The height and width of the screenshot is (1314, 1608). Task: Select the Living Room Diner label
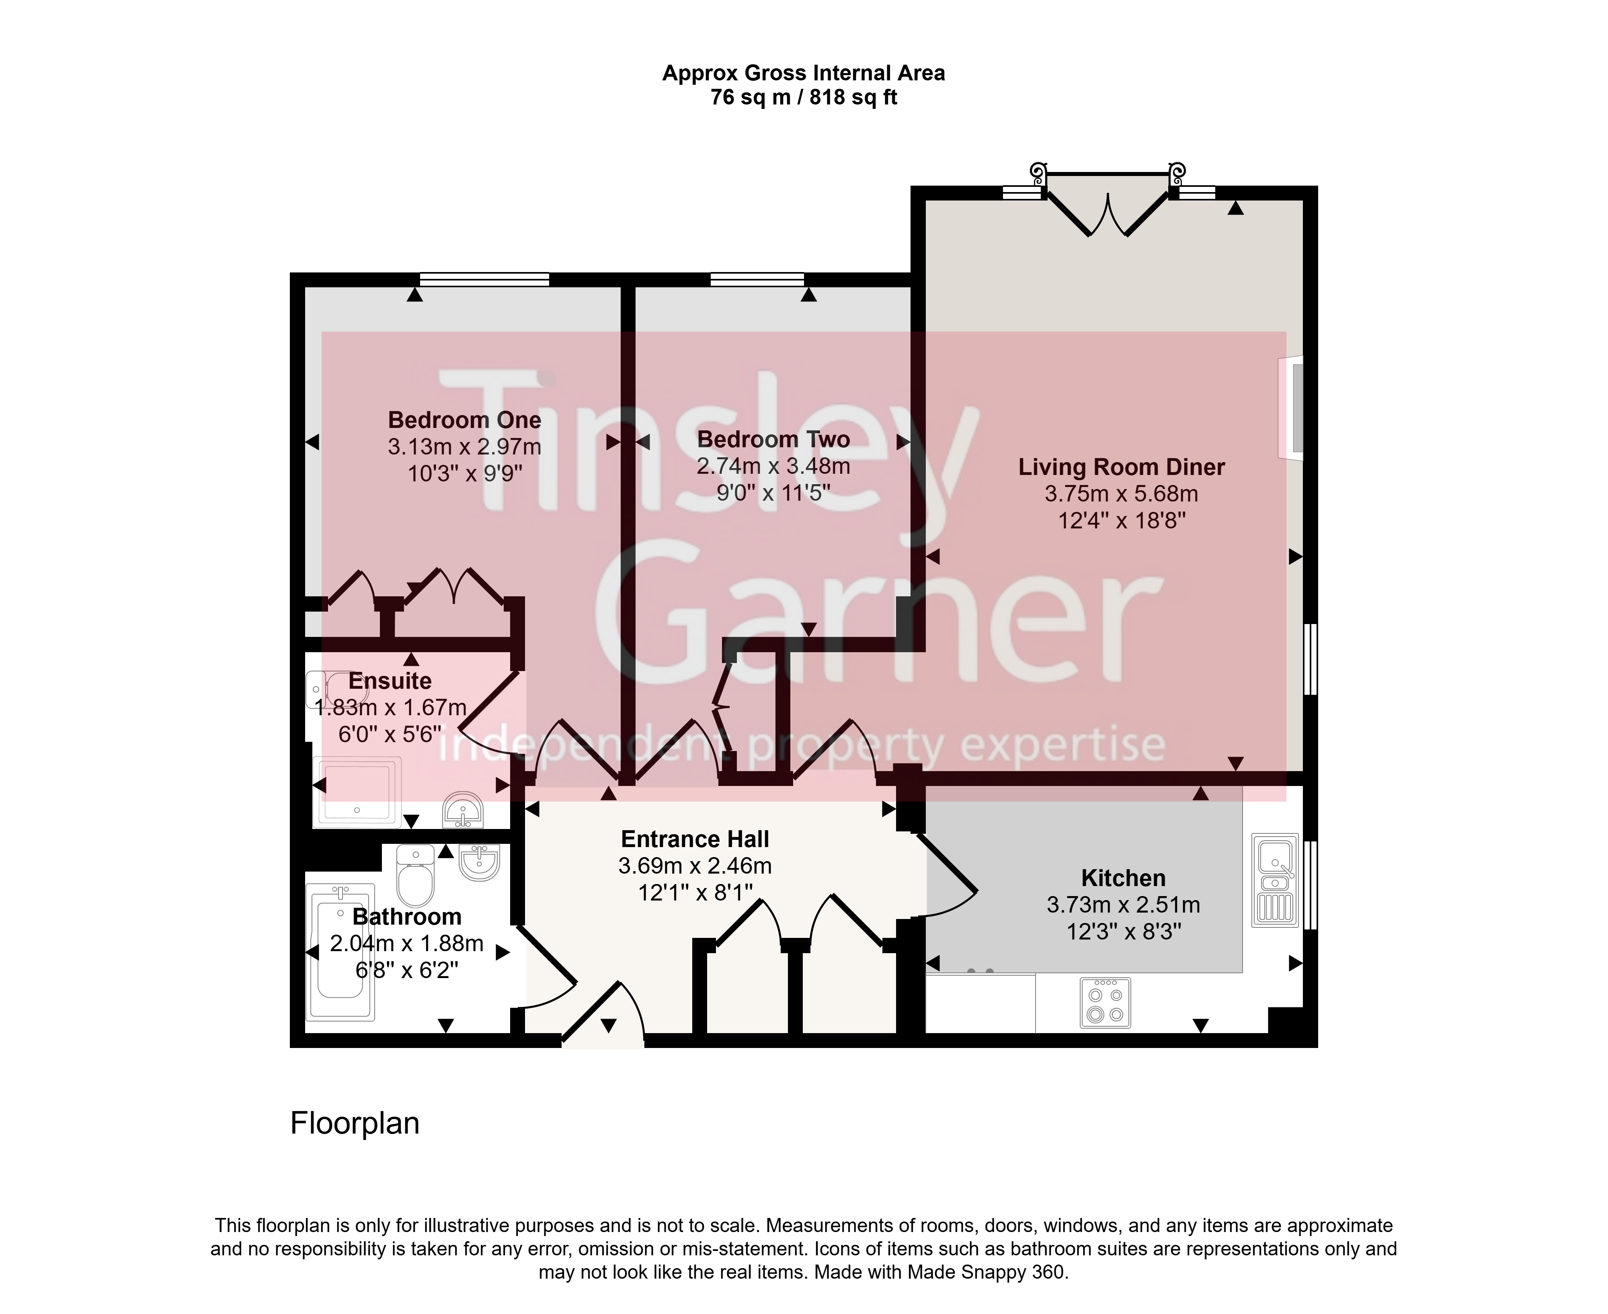(x=1121, y=467)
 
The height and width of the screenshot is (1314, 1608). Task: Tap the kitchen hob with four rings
(x=1105, y=1003)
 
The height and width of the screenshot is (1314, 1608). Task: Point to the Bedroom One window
(x=484, y=279)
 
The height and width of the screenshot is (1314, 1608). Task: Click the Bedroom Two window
(x=757, y=279)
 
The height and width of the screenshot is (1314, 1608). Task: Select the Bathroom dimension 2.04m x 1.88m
(x=406, y=944)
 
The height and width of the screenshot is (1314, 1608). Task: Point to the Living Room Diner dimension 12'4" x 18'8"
(x=1121, y=521)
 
